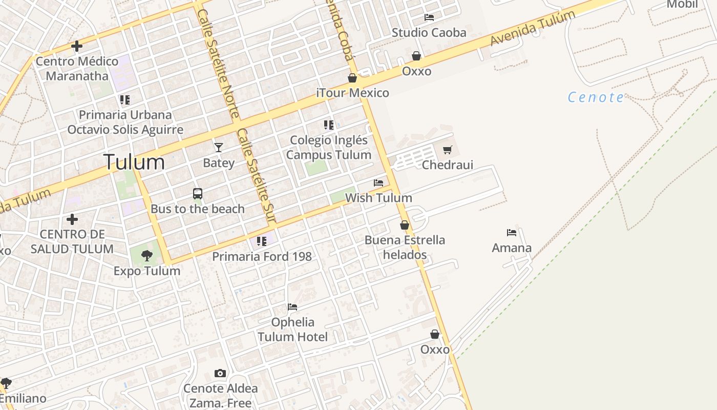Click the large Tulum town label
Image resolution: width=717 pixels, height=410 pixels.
coord(134,162)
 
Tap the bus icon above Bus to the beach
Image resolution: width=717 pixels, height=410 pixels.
coord(198,194)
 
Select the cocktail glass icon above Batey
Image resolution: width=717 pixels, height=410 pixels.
coord(219,148)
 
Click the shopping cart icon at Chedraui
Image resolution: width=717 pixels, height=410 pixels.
coord(448,150)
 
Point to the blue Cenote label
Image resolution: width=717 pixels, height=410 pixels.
coord(596,97)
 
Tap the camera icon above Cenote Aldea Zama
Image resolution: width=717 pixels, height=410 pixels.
coord(220,373)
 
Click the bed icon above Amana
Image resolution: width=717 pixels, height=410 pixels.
coord(511,233)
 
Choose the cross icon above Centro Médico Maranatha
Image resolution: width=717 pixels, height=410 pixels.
coord(77,46)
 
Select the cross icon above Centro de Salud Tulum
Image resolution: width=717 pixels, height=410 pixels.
coord(72,219)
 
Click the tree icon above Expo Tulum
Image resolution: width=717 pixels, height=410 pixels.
coord(147,255)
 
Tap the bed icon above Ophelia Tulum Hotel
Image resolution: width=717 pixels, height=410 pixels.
coord(292,307)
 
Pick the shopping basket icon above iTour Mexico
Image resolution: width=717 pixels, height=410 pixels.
coord(352,78)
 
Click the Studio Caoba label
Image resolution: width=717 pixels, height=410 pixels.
coord(429,33)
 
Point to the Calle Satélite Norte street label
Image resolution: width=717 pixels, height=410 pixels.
coord(218,61)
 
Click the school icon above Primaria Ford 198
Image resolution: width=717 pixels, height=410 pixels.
coord(262,241)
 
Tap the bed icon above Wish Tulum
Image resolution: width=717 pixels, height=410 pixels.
coord(378,182)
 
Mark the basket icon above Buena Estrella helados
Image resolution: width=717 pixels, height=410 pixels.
coord(405,225)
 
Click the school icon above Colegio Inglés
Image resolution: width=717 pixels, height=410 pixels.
coord(329,125)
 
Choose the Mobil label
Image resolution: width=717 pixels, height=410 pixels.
coord(682,5)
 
